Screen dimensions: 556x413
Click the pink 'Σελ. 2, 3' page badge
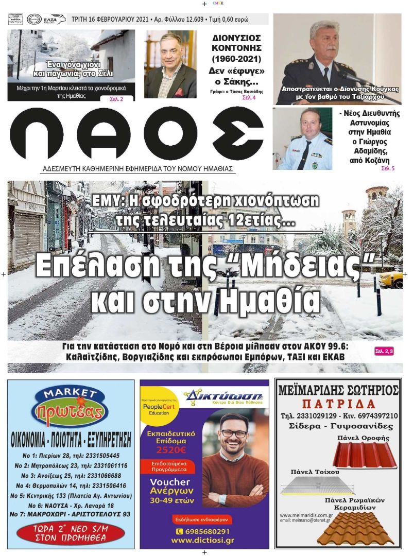(x=384, y=351)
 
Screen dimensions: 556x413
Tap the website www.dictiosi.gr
(x=204, y=541)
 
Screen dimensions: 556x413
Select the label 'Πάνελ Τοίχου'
(x=307, y=472)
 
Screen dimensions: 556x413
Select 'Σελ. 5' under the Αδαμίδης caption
(x=387, y=168)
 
